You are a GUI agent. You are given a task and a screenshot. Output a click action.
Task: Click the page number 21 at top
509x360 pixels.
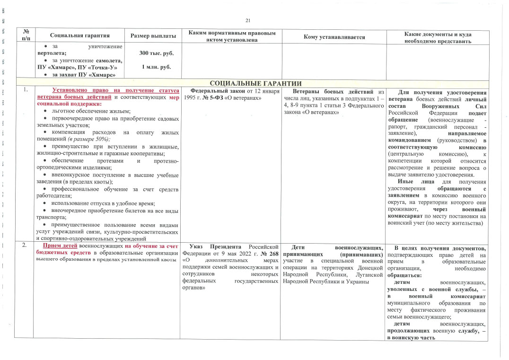point(248,20)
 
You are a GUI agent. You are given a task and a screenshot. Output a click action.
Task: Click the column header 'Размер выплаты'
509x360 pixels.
point(153,36)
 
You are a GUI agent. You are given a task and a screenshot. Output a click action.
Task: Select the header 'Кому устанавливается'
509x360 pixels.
point(334,36)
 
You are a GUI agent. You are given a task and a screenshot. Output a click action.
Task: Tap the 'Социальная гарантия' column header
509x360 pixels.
point(79,36)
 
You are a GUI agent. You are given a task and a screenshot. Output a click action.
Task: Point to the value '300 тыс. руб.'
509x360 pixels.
point(153,54)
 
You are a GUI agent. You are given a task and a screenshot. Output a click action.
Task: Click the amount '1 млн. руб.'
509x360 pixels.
point(153,67)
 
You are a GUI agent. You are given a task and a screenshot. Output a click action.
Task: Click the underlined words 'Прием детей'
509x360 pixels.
point(60,246)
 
